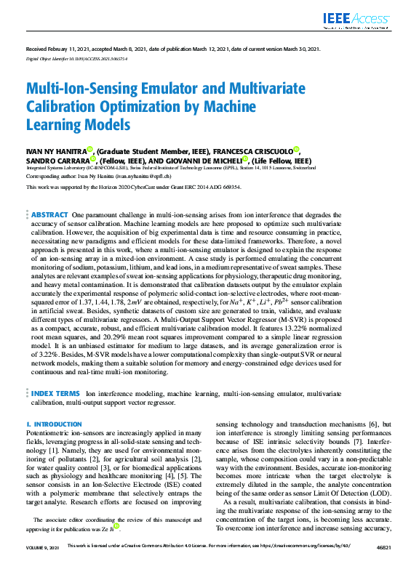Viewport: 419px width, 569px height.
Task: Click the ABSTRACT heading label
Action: coord(50,215)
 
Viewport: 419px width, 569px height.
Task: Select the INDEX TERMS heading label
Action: coord(55,393)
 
